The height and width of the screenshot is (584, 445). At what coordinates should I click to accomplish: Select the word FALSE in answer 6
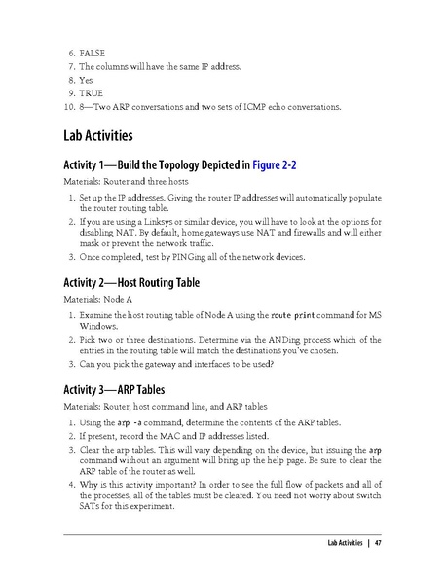(x=93, y=52)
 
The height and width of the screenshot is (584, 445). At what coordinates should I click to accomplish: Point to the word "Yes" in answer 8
(x=87, y=79)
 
